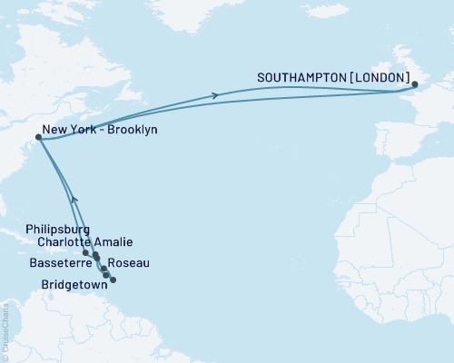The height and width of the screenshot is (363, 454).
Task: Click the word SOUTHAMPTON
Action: (x=301, y=77)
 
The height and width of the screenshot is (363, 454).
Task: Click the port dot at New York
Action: (x=37, y=138)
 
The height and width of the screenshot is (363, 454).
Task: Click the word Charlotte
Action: (x=67, y=242)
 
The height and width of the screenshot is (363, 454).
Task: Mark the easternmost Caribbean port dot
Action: (x=113, y=280)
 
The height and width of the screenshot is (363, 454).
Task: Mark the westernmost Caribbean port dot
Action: (x=85, y=253)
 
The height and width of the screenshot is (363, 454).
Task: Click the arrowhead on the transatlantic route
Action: (x=215, y=95)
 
